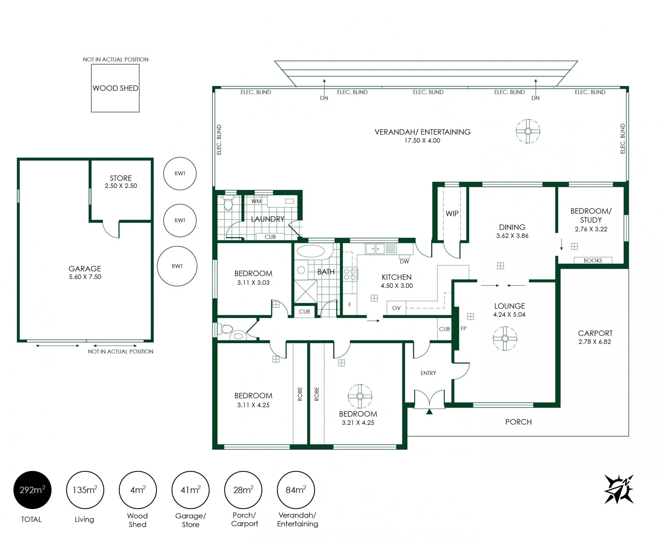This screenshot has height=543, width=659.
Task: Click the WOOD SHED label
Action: pos(115,88)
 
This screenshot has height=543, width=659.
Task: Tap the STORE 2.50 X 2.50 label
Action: pos(121,182)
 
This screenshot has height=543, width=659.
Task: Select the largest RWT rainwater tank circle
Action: pos(177,266)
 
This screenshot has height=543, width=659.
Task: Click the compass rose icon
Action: pos(619,489)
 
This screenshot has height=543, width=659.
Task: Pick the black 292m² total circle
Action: pos(32,490)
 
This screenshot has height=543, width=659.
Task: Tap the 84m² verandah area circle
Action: pos(296,490)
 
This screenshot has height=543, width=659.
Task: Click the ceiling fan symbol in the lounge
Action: pos(505,339)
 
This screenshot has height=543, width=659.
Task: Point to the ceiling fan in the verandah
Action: pos(528,131)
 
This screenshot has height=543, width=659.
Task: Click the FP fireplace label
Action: pos(464,329)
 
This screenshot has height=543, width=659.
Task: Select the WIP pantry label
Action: pos(452,214)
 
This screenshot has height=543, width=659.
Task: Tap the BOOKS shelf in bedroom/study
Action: pos(593,260)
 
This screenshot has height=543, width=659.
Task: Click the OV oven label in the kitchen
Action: pos(396,308)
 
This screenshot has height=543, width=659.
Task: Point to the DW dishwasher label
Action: pos(405,261)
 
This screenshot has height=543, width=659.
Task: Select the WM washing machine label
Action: pos(256,201)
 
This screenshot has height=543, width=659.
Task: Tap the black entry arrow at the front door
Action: pos(429,412)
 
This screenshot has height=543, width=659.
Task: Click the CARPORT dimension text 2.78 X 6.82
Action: pos(595,342)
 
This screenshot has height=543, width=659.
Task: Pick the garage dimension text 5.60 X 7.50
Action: pos(85,277)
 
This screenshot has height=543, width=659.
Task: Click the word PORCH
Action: pos(518,422)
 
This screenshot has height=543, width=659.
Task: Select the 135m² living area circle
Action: pos(85,490)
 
